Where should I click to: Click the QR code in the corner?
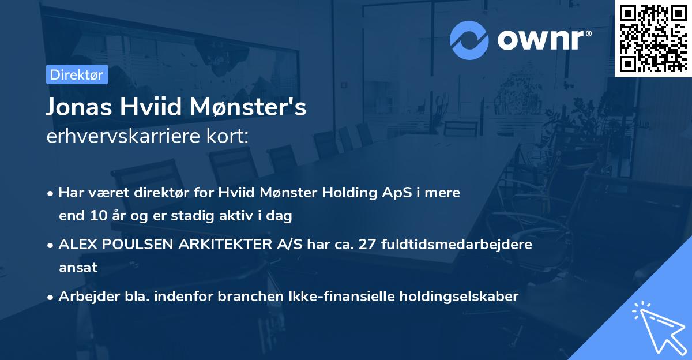click(x=653, y=38)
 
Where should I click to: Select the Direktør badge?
click(x=77, y=74)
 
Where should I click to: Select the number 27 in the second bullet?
click(x=367, y=245)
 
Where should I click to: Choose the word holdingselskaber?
click(x=455, y=297)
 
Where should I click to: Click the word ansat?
click(x=78, y=268)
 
